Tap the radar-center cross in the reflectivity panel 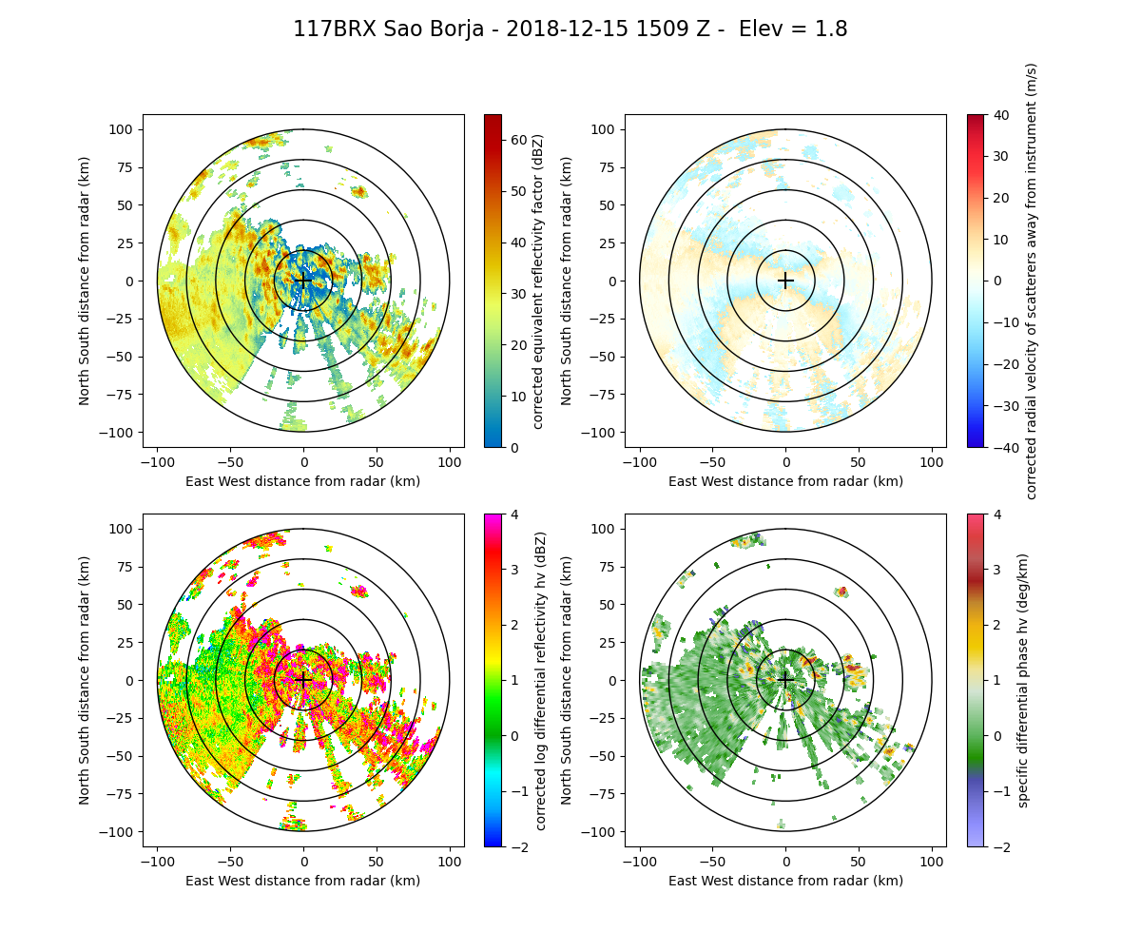tap(303, 281)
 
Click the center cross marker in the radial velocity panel tap(785, 281)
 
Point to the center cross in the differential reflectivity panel tap(303, 680)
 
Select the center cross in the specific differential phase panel tap(785, 680)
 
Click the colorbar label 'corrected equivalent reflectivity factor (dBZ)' tap(537, 281)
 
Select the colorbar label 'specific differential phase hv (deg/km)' tap(1023, 680)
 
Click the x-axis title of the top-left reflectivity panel tap(303, 481)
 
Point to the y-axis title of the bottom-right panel tap(567, 680)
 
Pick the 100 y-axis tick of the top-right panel tap(608, 129)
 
